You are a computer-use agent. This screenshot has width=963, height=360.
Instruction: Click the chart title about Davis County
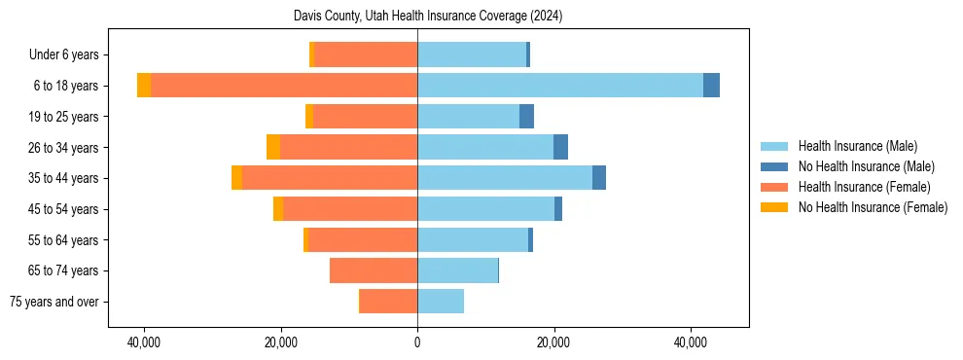click(x=428, y=17)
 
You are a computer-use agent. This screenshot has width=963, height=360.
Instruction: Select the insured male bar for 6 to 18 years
click(x=559, y=86)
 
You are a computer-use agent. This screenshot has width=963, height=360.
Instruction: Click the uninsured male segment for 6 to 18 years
click(x=711, y=86)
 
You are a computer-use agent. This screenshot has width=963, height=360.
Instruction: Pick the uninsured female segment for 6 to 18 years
click(x=144, y=86)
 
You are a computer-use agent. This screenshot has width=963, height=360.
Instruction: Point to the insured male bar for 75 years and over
click(x=441, y=302)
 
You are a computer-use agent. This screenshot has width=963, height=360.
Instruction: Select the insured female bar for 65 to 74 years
click(x=374, y=270)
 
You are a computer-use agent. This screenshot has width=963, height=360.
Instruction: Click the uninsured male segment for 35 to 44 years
click(x=599, y=178)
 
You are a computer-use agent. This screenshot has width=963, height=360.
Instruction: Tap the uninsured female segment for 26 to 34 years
click(x=273, y=147)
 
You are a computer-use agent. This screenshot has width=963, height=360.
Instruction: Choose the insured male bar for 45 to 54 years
click(x=485, y=209)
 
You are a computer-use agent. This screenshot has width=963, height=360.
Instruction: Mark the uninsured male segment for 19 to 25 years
click(x=526, y=117)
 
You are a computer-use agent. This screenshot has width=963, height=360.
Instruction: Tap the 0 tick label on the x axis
click(x=417, y=342)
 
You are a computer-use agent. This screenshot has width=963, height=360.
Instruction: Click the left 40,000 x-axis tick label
click(x=144, y=342)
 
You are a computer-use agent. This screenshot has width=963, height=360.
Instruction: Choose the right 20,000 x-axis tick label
click(x=553, y=342)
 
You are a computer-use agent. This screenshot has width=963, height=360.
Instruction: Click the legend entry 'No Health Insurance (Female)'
click(x=872, y=207)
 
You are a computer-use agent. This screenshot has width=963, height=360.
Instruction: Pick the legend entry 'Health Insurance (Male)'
click(x=857, y=146)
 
